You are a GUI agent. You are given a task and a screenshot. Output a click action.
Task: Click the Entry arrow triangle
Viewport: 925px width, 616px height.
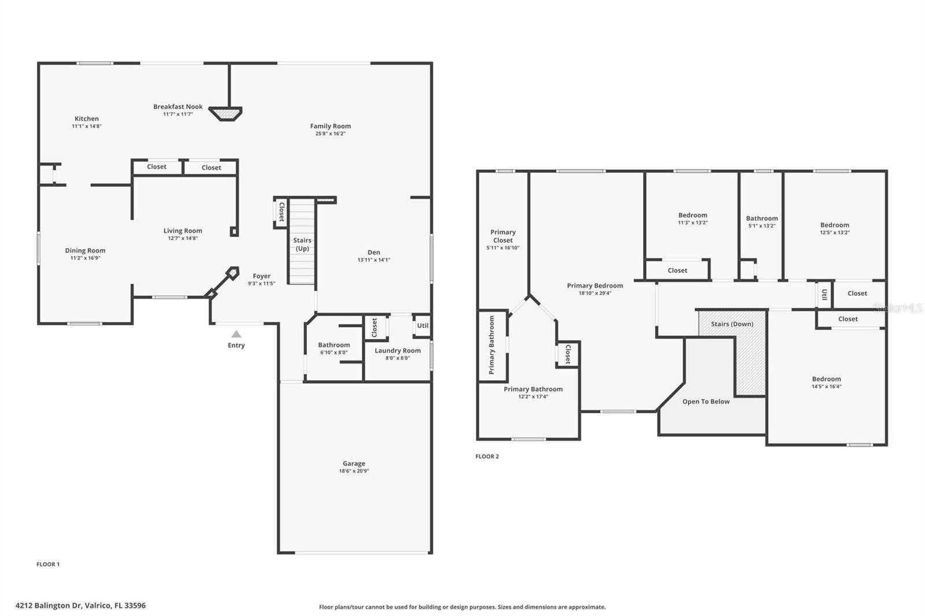coord(236,334)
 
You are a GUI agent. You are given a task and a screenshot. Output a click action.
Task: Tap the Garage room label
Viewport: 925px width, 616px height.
coord(354,463)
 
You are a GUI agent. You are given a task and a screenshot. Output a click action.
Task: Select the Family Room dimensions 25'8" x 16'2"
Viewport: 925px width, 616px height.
coord(330,133)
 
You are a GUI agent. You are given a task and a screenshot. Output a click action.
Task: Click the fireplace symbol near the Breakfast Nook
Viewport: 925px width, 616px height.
coord(225,113)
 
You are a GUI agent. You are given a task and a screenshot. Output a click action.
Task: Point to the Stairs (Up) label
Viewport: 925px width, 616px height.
coord(302,244)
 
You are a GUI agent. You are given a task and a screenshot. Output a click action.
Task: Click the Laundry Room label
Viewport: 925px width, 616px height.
coord(398,350)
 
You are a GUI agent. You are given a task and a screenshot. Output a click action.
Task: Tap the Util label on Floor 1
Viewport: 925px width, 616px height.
coord(423,325)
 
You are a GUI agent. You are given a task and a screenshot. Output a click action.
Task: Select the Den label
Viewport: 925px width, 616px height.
coord(374,252)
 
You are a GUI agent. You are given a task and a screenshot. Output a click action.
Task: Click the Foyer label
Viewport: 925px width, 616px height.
coord(261,276)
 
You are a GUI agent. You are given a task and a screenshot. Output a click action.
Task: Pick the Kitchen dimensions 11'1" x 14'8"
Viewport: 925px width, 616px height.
coord(87,126)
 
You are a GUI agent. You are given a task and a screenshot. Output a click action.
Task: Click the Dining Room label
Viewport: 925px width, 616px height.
coord(85,251)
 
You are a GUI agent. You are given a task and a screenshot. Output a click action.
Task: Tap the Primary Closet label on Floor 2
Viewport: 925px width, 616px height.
coord(503,236)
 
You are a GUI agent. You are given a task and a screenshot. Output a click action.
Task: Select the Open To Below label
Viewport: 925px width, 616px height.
coord(706,402)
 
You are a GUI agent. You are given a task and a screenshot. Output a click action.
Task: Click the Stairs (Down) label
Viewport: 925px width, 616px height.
coord(732,324)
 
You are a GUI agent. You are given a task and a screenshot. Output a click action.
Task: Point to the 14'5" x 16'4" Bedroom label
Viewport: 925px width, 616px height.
coord(826,379)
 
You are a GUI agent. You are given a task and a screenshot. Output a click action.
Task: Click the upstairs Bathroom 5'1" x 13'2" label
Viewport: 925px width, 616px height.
coord(761,218)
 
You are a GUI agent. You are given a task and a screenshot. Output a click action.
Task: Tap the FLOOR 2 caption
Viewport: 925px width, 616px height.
coord(487,457)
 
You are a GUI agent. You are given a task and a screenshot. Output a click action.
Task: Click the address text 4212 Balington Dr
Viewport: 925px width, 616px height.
coord(80,606)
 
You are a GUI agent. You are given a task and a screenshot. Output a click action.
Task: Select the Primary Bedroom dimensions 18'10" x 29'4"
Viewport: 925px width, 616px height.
coord(595,293)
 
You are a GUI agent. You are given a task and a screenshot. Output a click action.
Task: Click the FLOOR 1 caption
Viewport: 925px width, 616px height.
coord(48,565)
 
